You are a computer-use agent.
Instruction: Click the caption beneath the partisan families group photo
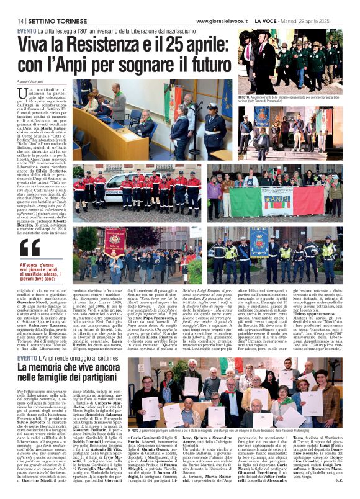pos(234,429)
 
